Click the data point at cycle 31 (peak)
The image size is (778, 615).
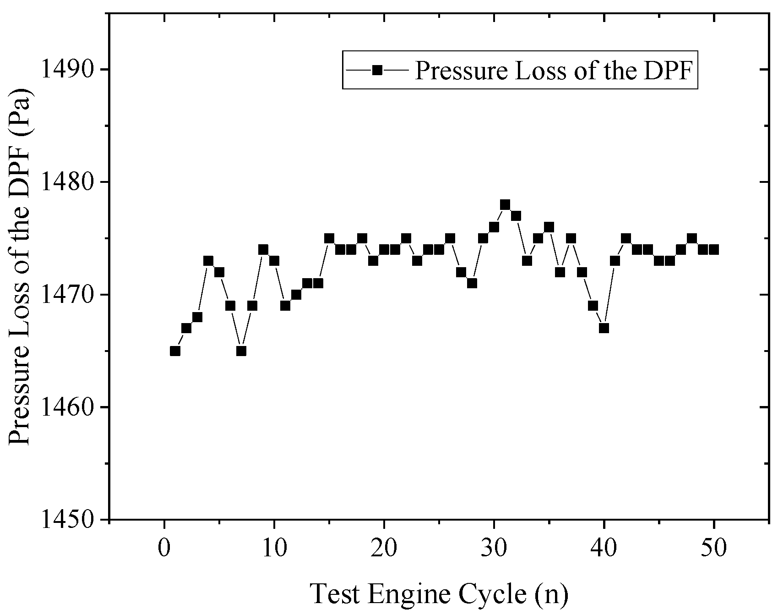coord(505,204)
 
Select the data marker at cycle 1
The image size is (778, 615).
coord(175,351)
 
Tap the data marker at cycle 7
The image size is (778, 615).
coord(241,351)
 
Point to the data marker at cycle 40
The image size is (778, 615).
coord(604,328)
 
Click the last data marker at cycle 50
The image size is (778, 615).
coord(714,249)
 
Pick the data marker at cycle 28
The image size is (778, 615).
coord(472,283)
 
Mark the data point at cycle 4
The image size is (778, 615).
coord(208,261)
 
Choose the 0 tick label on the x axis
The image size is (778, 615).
coord(164,548)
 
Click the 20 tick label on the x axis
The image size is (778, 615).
coord(384,548)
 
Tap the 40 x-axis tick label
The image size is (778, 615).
coord(604,548)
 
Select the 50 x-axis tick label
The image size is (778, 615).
coord(714,548)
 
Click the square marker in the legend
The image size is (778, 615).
coord(377,70)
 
